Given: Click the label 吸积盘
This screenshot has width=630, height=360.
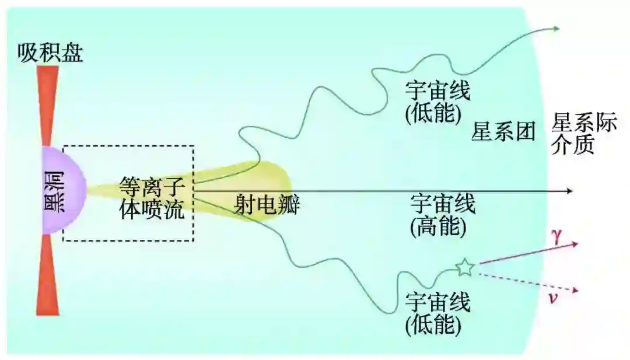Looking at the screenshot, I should click(50, 53).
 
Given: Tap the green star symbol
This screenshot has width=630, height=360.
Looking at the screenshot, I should click(465, 267).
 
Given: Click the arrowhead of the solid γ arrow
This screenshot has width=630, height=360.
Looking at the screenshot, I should click(575, 243).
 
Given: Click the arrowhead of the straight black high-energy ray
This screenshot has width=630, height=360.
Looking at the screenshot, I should click(571, 191).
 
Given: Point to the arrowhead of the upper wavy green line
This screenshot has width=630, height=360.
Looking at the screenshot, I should click(556, 28).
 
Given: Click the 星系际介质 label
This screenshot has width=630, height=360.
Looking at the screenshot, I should click(583, 134).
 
